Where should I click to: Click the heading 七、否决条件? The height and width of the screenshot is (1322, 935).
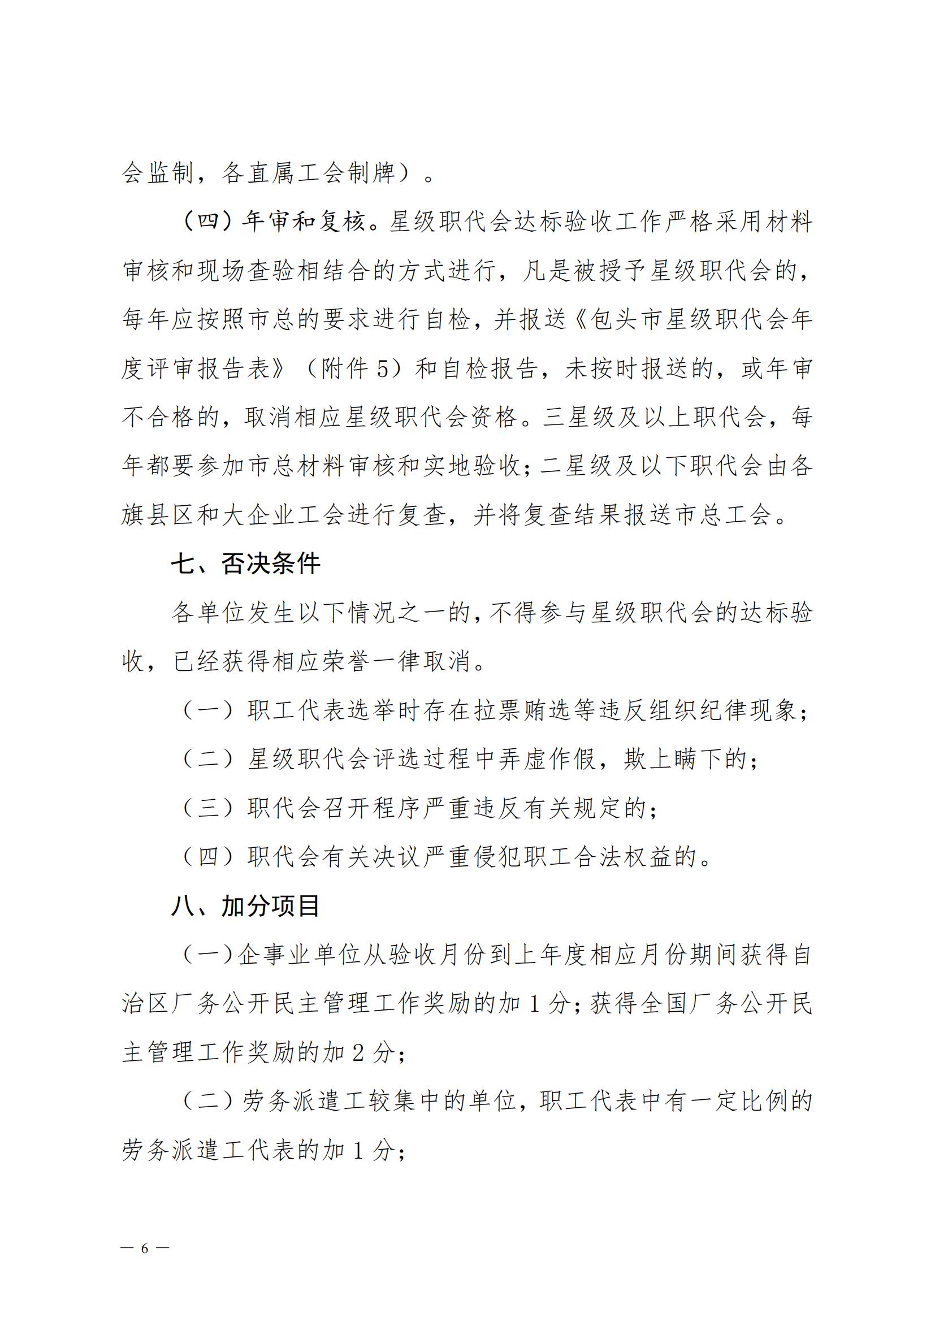246,564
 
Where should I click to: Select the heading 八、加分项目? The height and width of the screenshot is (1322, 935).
246,905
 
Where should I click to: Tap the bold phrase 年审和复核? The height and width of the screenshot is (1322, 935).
304,222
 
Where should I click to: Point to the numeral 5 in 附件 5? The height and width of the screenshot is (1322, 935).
382,369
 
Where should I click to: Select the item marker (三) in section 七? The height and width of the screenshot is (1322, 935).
209,808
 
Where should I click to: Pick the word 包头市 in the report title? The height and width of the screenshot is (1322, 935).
626,319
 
